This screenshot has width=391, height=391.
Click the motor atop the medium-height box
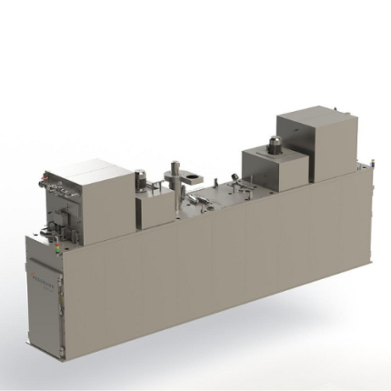[x=273, y=141]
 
